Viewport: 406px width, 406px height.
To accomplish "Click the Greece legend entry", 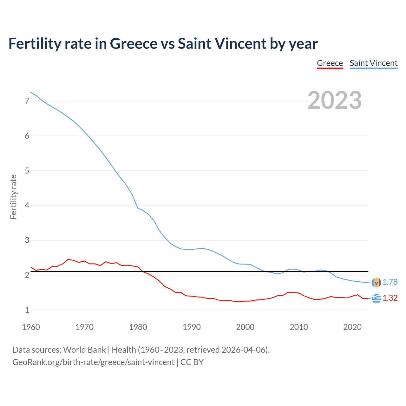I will [330, 63].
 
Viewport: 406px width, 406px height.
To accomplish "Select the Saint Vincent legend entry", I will [373, 63].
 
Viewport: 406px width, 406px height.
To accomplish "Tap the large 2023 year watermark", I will [335, 100].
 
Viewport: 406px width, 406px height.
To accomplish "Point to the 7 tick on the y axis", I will [27, 101].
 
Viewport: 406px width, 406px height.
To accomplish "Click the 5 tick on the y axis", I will [27, 171].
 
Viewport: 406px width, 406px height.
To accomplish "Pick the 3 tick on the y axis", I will [27, 240].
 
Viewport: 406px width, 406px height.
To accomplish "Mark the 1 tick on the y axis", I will [27, 310].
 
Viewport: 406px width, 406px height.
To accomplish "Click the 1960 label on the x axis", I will [31, 327].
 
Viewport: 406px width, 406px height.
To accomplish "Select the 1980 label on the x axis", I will [138, 327].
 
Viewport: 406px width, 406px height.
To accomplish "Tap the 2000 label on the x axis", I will [245, 327].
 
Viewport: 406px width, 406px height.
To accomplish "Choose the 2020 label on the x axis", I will [352, 327].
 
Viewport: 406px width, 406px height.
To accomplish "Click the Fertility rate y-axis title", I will [13, 197].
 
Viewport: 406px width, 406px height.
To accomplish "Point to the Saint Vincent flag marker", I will [376, 282].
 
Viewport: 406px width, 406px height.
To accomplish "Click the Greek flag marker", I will [376, 298].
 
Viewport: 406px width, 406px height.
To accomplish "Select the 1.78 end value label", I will [390, 282].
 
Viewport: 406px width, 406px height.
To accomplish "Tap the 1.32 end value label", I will [390, 298].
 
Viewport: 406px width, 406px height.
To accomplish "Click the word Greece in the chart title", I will [134, 44].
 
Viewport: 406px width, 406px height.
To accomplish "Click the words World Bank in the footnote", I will [84, 350].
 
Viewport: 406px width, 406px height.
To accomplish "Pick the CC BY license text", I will [192, 362].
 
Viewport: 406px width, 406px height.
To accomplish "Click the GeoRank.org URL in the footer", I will [93, 362].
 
